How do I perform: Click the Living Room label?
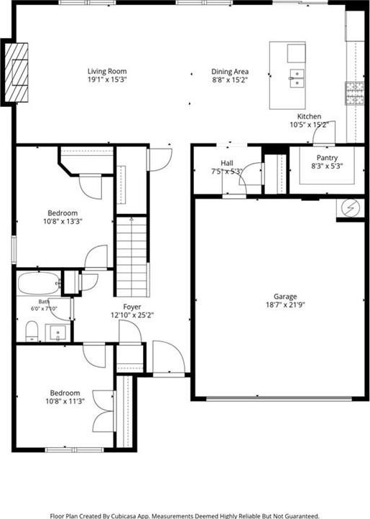107,71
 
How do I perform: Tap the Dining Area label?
230,72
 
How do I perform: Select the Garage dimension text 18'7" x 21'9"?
285,304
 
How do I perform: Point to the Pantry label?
327,158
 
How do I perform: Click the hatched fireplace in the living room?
17,73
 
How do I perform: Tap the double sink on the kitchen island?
297,78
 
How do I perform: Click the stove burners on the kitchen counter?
355,93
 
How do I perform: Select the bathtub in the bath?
39,283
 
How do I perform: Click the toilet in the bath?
32,331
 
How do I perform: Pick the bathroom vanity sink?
58,332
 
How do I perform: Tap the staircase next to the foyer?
131,256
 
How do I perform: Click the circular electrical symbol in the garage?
351,208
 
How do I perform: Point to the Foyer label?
132,307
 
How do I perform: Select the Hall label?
227,163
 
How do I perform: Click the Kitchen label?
309,116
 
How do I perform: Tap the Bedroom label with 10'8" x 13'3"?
63,213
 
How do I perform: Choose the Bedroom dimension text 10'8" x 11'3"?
65,401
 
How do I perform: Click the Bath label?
44,301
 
